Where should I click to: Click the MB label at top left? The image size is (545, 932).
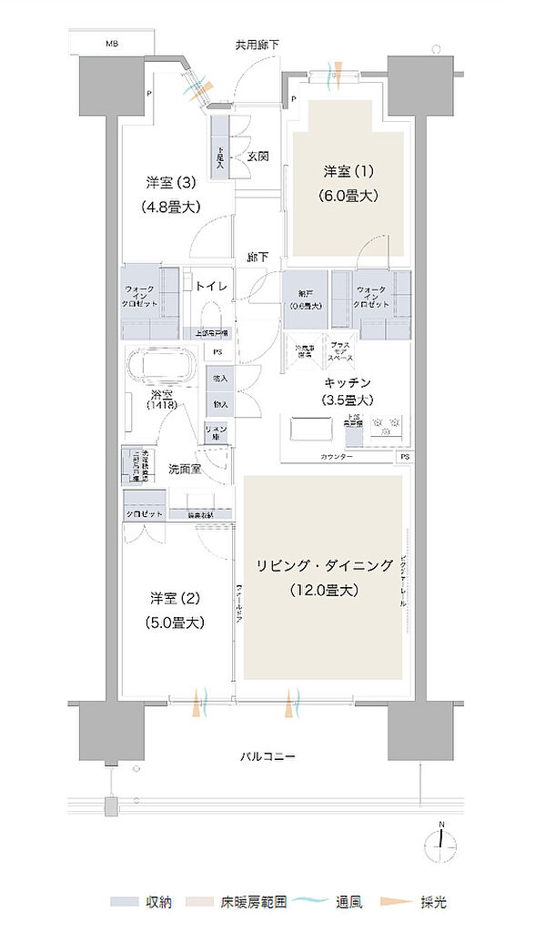pyautogui.click(x=111, y=43)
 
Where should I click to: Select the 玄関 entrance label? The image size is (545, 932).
pyautogui.click(x=257, y=157)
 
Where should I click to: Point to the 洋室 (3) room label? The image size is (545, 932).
pyautogui.click(x=170, y=180)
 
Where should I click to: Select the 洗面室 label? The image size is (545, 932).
pyautogui.click(x=186, y=470)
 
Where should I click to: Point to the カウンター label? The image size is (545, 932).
pyautogui.click(x=337, y=455)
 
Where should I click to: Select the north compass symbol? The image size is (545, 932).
pyautogui.click(x=441, y=843)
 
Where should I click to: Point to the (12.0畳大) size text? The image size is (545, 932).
pyautogui.click(x=325, y=590)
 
